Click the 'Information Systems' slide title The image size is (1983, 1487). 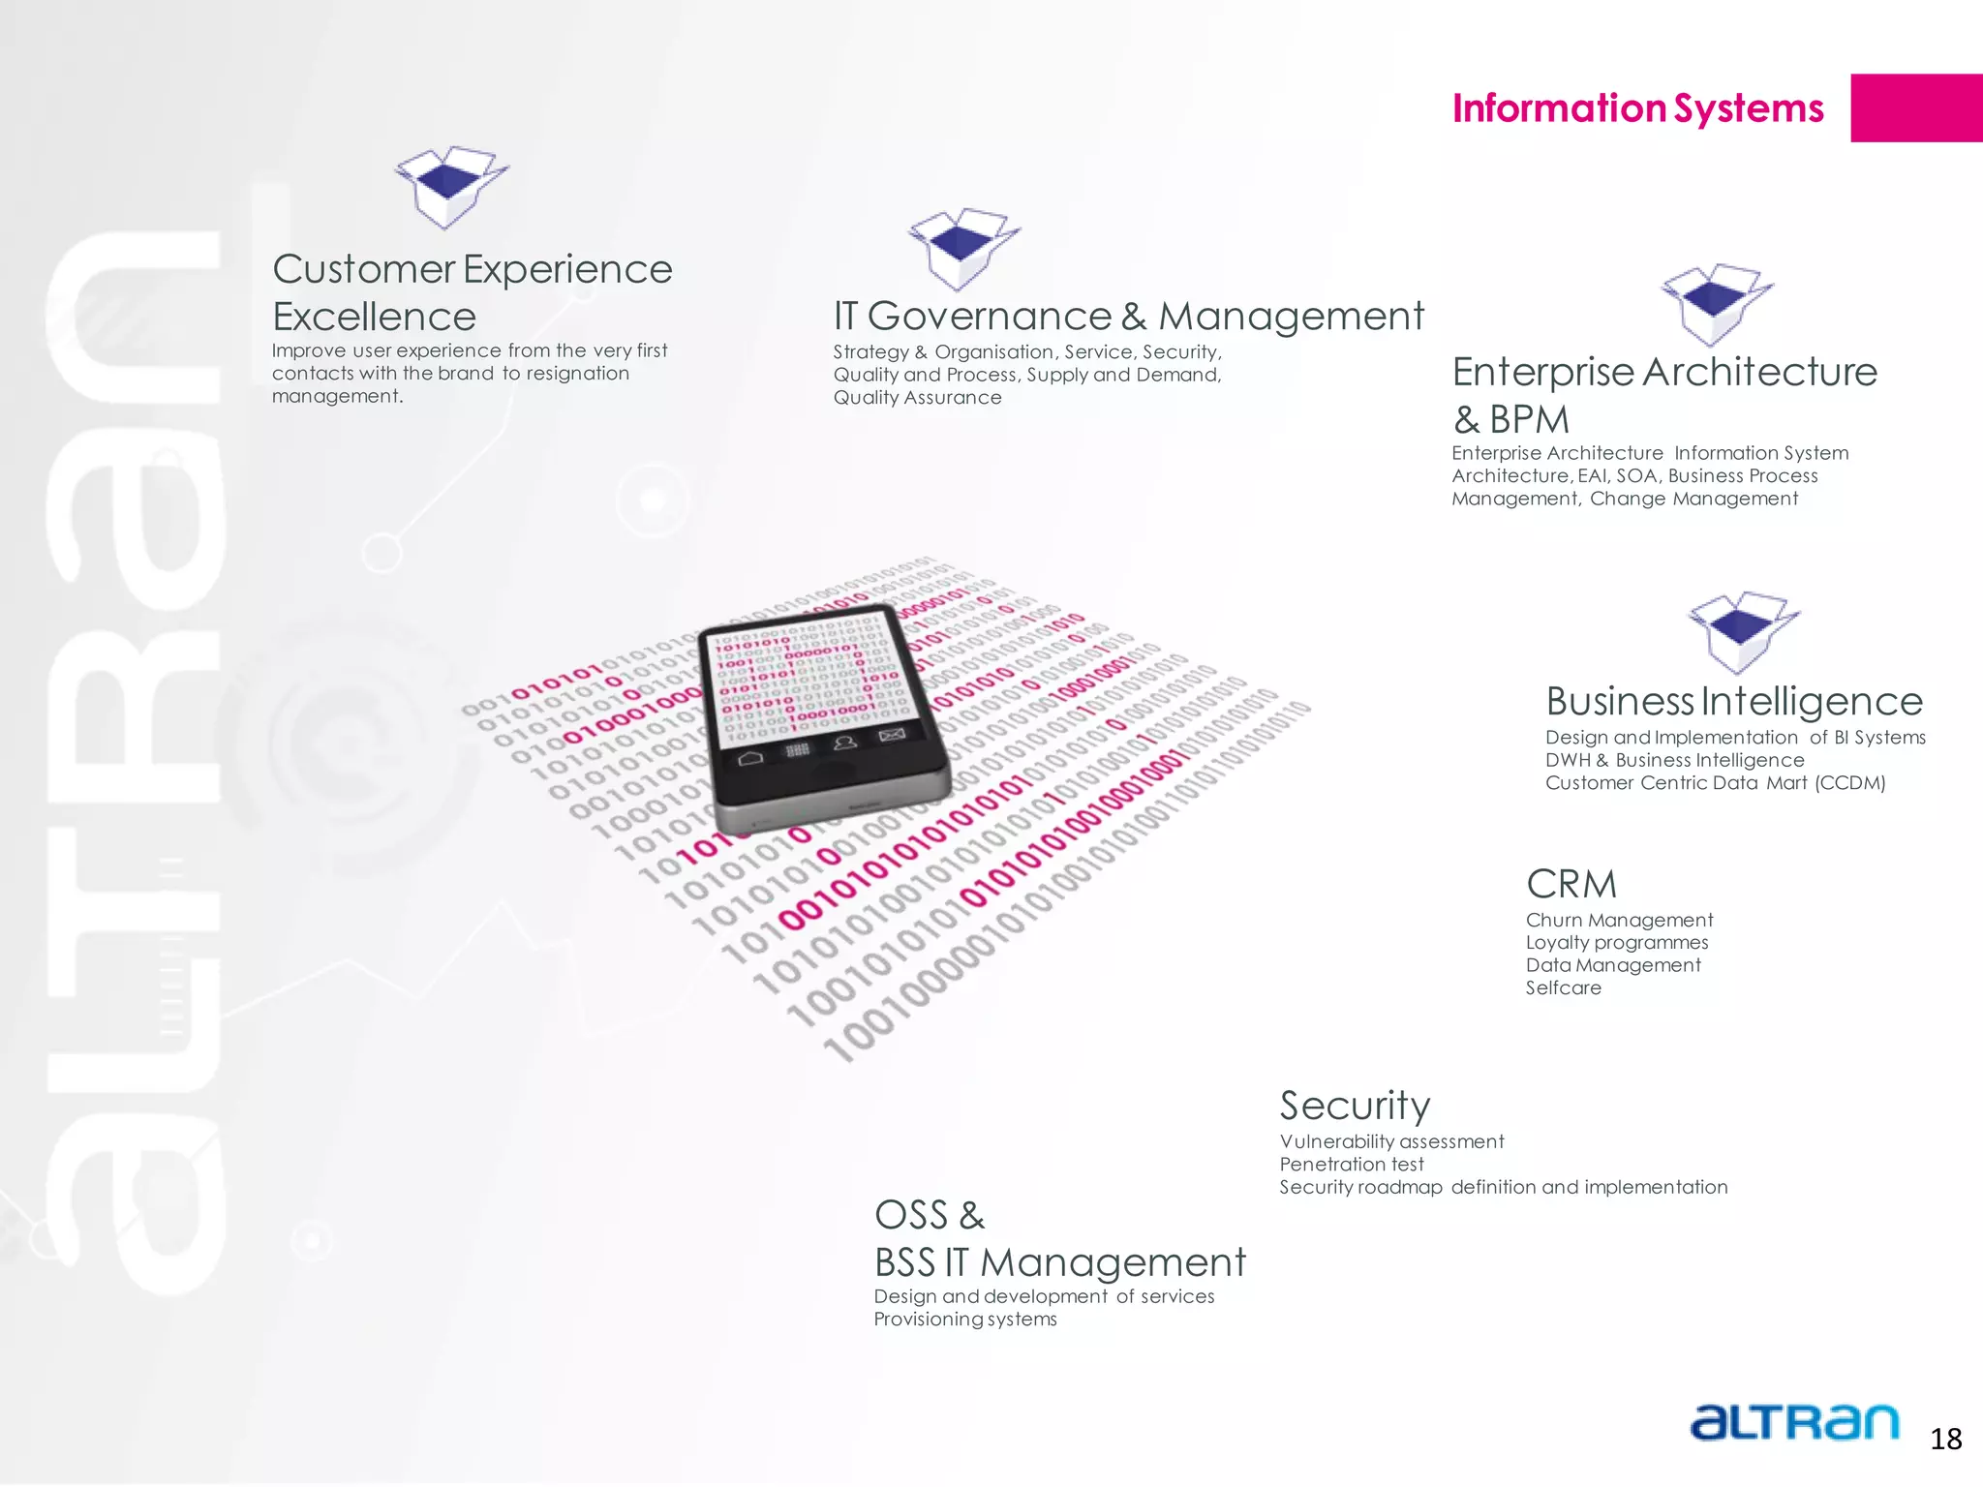pos(1637,108)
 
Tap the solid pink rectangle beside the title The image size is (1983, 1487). pos(1915,108)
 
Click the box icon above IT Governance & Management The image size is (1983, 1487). pos(962,248)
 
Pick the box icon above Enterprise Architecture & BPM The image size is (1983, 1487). pos(1716,303)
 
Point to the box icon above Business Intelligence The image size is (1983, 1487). pos(1743,631)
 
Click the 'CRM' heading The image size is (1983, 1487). pos(1571,884)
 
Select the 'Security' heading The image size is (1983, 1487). pos(1355,1106)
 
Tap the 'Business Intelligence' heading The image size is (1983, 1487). pos(1733,701)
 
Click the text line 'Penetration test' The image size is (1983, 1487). pos(1352,1165)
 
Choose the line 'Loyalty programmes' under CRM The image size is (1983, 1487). pos(1617,943)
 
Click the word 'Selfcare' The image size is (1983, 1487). pos(1564,988)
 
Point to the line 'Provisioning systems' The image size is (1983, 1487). pos(965,1320)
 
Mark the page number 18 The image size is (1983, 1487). pos(1945,1440)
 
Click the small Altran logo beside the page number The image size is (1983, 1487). pos(1794,1423)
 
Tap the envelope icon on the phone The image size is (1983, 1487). pos(892,736)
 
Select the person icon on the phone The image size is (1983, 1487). pos(845,743)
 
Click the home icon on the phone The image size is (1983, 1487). pos(750,758)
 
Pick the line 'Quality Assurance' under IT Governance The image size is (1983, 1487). pos(917,398)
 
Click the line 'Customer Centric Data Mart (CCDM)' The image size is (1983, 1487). pos(1715,783)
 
